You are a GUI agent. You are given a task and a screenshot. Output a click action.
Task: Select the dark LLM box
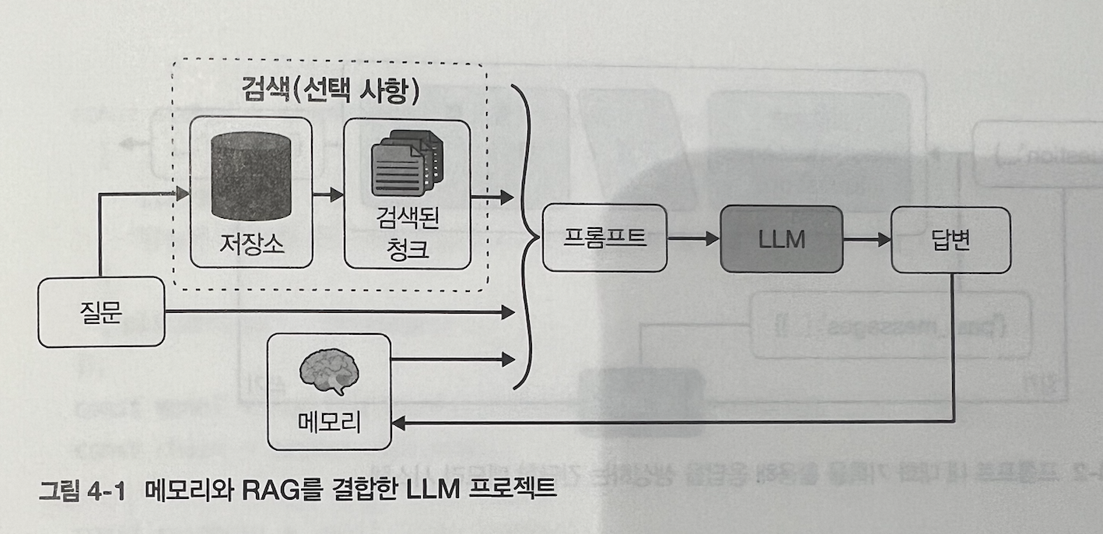point(781,239)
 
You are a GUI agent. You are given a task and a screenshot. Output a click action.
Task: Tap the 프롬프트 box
point(604,237)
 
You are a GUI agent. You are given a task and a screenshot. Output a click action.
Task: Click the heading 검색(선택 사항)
point(331,91)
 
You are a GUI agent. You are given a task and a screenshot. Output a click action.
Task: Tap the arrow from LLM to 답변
point(867,239)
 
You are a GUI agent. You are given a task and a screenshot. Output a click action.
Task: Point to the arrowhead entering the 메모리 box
point(397,423)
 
